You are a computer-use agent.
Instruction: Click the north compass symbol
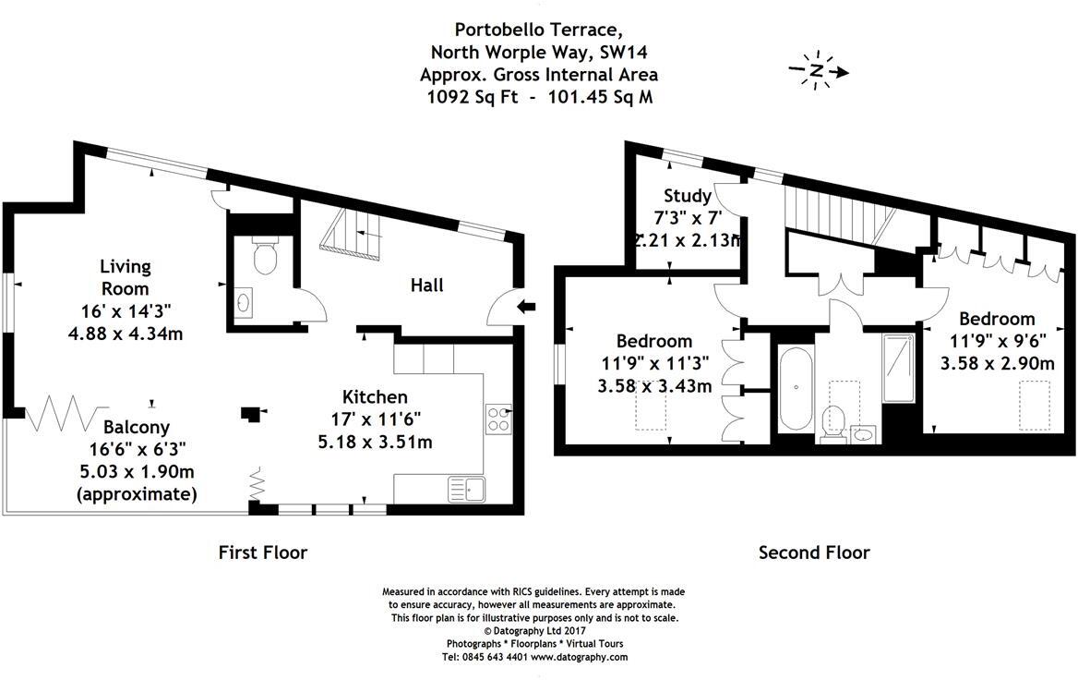pos(817,71)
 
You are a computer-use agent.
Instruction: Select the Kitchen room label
pos(375,397)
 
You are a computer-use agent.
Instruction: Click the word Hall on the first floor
pos(426,285)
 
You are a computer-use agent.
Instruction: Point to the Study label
pos(688,196)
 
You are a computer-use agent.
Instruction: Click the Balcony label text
pos(136,428)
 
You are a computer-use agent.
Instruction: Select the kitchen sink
pos(466,487)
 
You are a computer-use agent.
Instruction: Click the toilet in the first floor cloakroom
pos(265,258)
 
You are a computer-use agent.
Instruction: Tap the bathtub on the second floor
pos(795,389)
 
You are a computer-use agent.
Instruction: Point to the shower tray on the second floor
pos(896,368)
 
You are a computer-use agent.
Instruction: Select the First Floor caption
pos(262,552)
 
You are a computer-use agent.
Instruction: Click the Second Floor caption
pos(813,552)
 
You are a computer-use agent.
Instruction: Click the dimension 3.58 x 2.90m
pos(997,363)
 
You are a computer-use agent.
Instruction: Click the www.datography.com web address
pos(579,657)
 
